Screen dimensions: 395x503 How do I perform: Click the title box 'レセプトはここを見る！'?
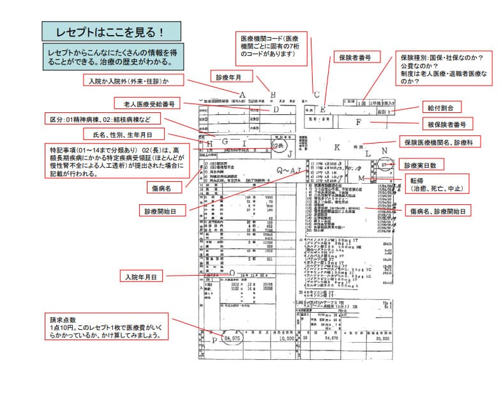coord(107,31)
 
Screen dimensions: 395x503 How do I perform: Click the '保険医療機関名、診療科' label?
coord(441,140)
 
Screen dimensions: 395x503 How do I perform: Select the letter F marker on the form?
coord(359,122)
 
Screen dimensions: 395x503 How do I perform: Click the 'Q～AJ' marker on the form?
coord(288,170)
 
